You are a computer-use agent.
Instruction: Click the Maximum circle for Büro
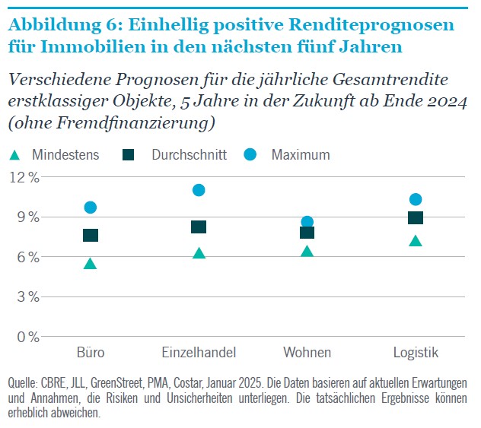click(91, 207)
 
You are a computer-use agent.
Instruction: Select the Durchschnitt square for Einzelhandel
click(199, 227)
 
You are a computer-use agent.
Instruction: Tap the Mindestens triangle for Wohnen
click(307, 251)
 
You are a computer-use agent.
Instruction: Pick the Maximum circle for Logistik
click(416, 199)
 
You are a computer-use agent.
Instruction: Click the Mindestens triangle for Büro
click(91, 264)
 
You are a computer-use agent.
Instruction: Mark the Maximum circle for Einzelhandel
click(199, 190)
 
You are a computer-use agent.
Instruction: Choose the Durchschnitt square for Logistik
click(416, 218)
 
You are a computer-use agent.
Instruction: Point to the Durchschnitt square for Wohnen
click(307, 232)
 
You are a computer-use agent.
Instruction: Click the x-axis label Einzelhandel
click(199, 353)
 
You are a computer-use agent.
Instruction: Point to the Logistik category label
click(416, 353)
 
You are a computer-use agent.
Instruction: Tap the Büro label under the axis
click(91, 353)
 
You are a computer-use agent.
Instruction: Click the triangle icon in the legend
click(14, 155)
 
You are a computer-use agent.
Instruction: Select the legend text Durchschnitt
click(189, 155)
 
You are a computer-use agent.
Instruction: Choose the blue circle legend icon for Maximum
click(251, 154)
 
